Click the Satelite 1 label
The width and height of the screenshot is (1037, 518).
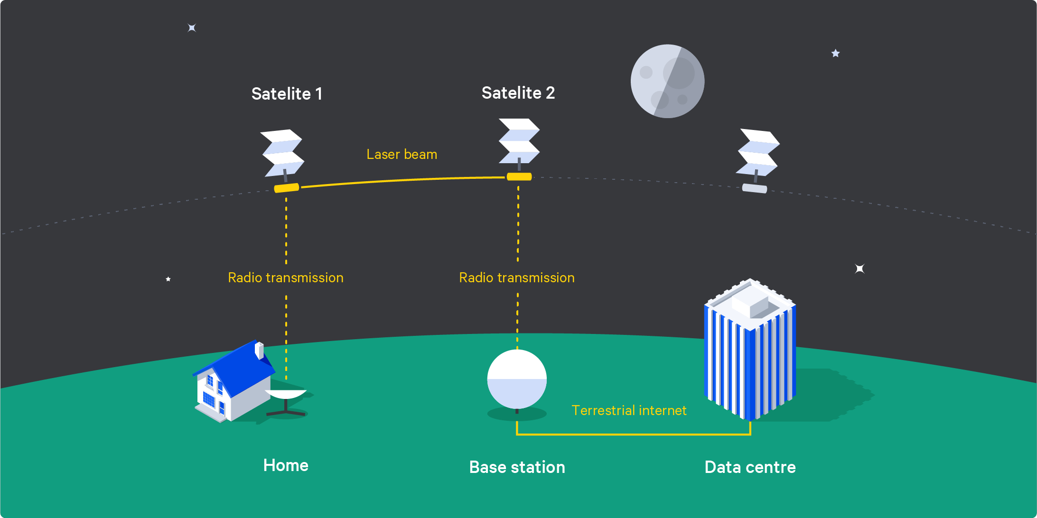click(287, 94)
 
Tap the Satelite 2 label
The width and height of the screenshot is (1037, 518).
click(518, 93)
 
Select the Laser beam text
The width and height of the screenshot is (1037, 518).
click(402, 154)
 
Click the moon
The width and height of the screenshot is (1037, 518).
click(667, 81)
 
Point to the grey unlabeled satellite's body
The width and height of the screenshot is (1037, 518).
click(755, 188)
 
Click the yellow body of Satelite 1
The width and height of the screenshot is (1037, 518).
click(287, 188)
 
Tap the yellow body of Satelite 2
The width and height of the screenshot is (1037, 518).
click(519, 177)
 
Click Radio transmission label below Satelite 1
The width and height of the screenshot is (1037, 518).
click(286, 277)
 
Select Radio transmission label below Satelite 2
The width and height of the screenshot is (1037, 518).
click(517, 277)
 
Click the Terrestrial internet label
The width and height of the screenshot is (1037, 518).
click(629, 410)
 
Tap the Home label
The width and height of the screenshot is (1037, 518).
click(286, 465)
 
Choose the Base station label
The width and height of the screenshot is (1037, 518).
click(517, 467)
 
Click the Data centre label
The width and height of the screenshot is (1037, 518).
click(750, 467)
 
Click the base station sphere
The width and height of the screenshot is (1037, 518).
click(517, 379)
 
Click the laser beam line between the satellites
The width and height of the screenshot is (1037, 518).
click(402, 180)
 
